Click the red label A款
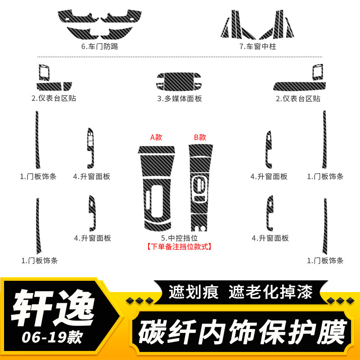coord(156,137)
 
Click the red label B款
coord(200,137)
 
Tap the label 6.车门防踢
coord(99,46)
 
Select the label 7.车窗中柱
coord(257,46)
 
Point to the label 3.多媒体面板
coord(180,99)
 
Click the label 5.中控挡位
coord(179,238)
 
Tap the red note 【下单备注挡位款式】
coord(179,247)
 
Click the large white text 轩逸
coord(53,308)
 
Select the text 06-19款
coord(52,337)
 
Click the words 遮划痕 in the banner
coord(193,292)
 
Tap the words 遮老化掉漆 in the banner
coord(270,292)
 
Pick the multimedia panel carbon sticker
coord(179,82)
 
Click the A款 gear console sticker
coord(157,188)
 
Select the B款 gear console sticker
coord(200,188)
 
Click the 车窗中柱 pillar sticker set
coord(257,24)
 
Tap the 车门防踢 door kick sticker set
coord(99,24)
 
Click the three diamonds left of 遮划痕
coord(139,301)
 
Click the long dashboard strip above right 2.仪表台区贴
coord(299,86)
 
